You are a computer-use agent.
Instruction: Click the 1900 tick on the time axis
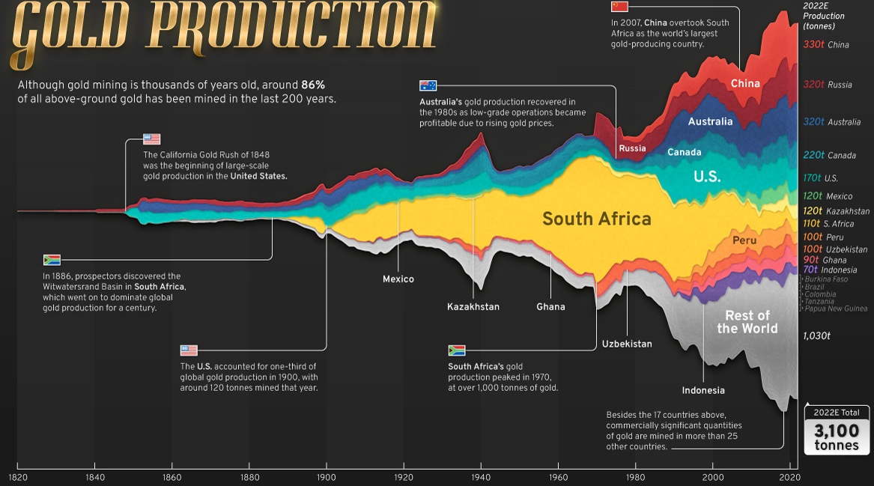[326, 476]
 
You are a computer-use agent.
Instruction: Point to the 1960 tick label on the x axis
[558, 476]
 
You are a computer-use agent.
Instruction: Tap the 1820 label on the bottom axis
[17, 476]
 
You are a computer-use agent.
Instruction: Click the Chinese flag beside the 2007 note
[619, 7]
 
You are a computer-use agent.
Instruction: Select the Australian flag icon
[428, 85]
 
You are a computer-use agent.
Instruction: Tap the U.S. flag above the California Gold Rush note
[152, 139]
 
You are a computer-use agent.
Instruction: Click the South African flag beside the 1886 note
[52, 260]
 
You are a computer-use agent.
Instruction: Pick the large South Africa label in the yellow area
[596, 219]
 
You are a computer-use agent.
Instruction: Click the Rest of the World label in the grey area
[747, 321]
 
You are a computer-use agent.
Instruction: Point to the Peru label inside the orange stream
[744, 240]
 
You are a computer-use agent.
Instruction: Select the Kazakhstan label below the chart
[473, 306]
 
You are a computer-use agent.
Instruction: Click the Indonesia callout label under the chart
[702, 390]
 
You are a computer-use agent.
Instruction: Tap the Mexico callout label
[398, 279]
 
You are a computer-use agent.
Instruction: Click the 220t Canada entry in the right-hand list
[829, 156]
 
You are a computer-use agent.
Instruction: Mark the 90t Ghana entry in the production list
[825, 260]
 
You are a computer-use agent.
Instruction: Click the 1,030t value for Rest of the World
[816, 336]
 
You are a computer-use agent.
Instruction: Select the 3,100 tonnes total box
[837, 431]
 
